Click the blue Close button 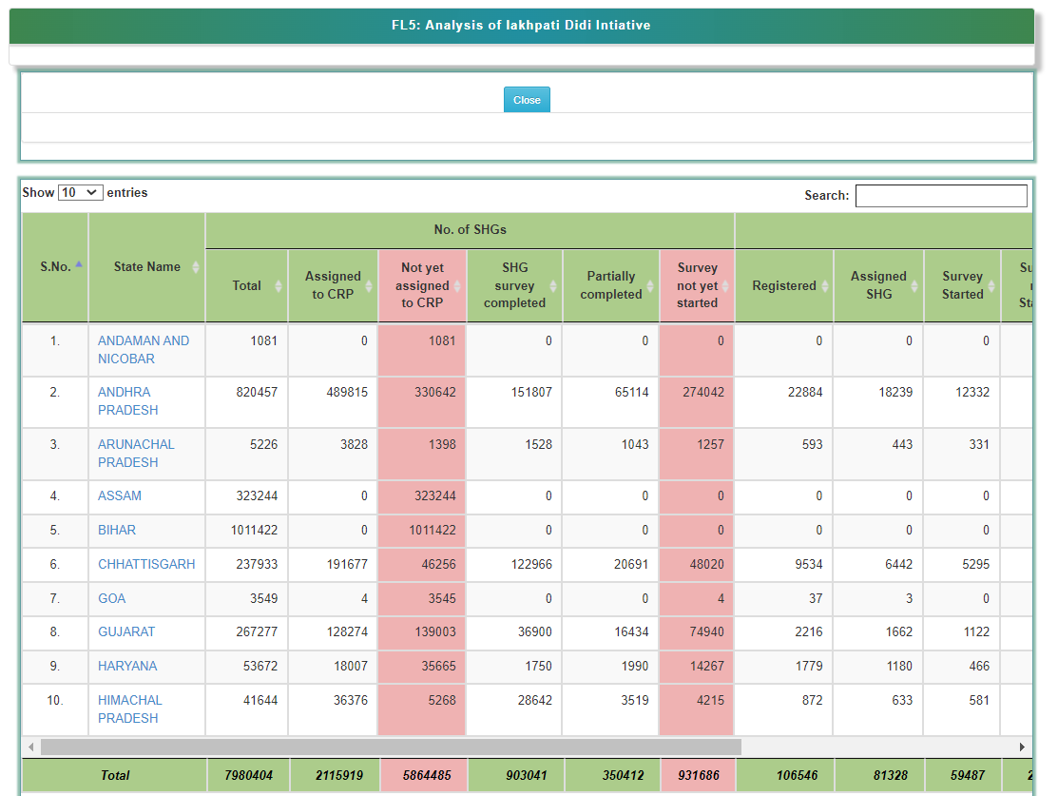527,100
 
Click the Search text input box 940,196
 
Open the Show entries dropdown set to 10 80,192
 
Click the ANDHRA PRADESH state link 127,400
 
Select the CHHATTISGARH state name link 145,564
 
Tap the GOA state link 111,598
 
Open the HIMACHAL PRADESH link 129,709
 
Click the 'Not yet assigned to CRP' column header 422,285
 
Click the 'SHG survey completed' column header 514,285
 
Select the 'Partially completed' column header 610,285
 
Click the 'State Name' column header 146,267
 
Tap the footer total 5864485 422,775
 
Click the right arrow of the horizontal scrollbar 1023,747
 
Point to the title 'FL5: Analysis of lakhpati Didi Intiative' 521,26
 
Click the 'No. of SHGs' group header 470,230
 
